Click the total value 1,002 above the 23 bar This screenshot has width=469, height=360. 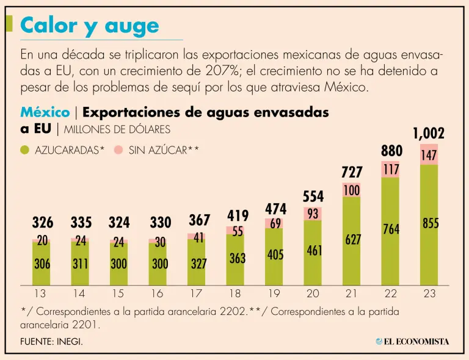pos(429,134)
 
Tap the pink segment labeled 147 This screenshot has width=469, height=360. pos(429,155)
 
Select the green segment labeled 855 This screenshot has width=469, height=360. pos(429,225)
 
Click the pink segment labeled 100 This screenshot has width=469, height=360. pos(351,190)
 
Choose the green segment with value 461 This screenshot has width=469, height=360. pos(313,250)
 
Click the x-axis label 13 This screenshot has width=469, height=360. pos(40,293)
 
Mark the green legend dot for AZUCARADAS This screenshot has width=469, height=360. pos(25,149)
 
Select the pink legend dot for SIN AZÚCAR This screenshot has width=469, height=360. pos(118,149)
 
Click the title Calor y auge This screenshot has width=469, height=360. pos(89,26)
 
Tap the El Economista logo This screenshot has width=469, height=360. pos(412,341)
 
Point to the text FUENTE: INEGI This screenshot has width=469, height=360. pos(51,342)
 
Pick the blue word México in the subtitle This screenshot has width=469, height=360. pos(45,113)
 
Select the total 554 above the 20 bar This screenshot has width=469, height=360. pos(313,196)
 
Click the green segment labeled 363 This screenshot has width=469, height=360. pos(237,258)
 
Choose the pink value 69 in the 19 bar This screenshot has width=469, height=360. pos(275,223)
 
